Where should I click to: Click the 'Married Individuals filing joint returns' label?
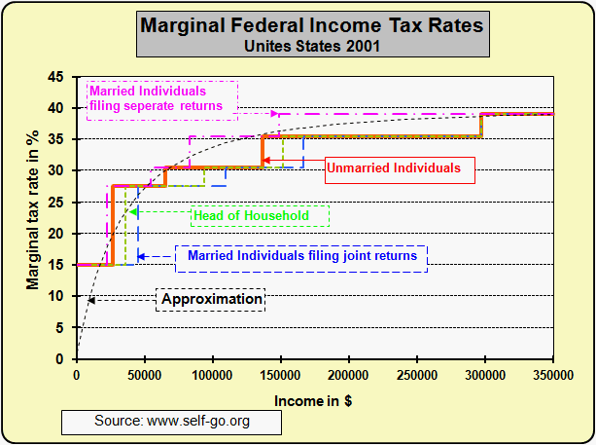(x=301, y=256)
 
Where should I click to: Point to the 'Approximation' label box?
(x=210, y=299)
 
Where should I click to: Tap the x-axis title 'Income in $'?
(x=314, y=401)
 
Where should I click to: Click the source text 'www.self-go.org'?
(x=172, y=422)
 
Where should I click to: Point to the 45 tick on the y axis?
(x=59, y=77)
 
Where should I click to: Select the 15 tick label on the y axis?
(x=59, y=265)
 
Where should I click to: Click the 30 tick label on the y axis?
(x=59, y=171)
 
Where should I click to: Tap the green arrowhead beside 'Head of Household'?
(x=133, y=211)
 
